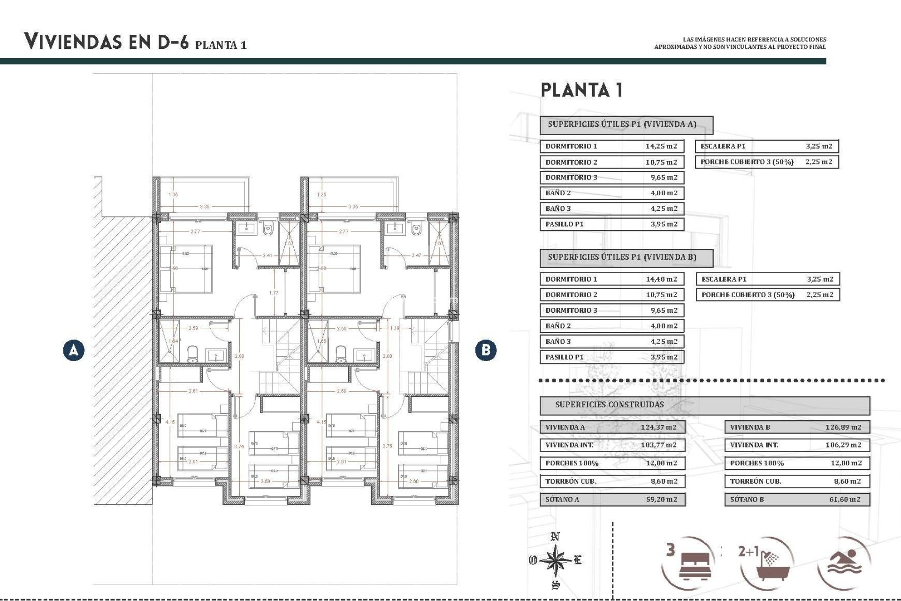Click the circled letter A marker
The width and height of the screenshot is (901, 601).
click(74, 350)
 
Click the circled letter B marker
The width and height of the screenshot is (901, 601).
click(485, 350)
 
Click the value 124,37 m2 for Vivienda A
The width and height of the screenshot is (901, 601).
click(659, 427)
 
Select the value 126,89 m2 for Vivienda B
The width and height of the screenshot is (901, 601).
click(843, 427)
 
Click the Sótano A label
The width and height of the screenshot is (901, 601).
click(562, 499)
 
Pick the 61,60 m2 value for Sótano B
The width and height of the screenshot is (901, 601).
click(845, 499)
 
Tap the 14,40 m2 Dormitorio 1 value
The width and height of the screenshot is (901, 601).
click(661, 279)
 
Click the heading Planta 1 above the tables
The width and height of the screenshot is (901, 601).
click(582, 90)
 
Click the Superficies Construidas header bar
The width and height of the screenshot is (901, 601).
click(704, 405)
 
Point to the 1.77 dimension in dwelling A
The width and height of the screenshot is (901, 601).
click(274, 293)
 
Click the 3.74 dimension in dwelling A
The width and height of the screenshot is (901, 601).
click(239, 447)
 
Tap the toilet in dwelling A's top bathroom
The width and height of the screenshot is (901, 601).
click(268, 230)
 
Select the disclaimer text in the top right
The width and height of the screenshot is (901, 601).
click(740, 43)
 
